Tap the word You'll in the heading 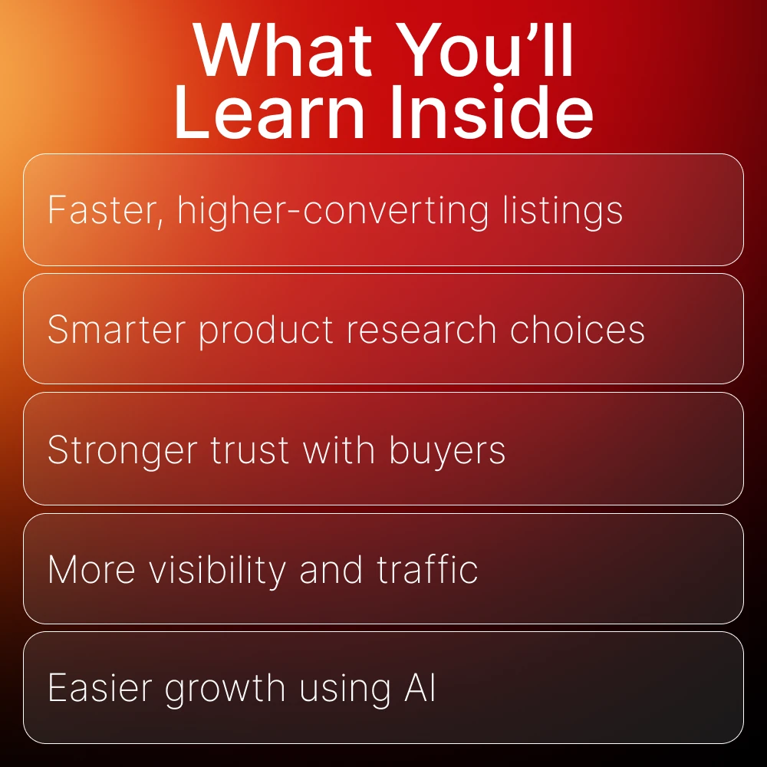484,50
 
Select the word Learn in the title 269,111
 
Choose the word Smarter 117,329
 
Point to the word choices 578,329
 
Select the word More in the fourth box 91,569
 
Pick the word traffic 427,569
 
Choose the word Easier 100,688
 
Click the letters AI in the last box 420,688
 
